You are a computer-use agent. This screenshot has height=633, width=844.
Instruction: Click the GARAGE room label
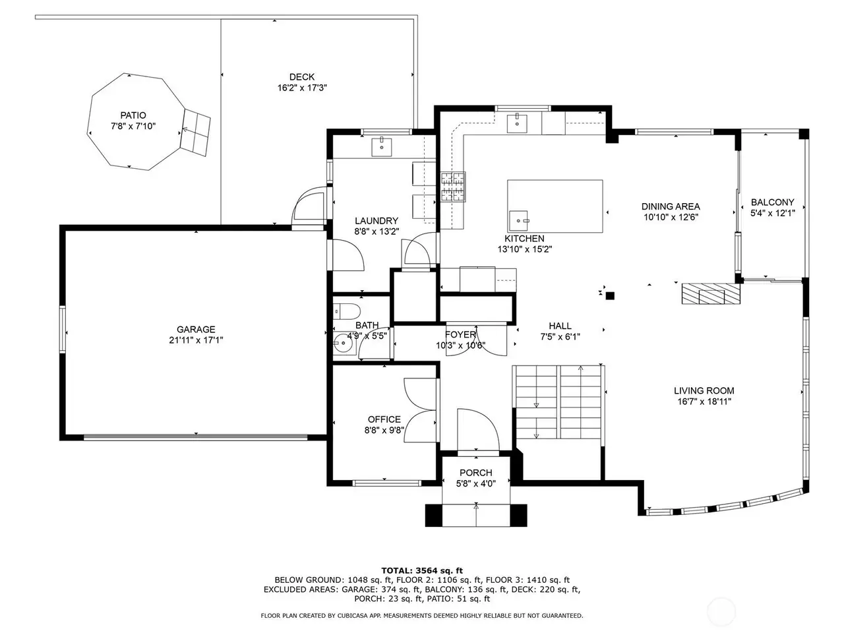point(196,330)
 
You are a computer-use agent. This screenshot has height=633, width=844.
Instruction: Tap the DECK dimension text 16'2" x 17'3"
point(302,88)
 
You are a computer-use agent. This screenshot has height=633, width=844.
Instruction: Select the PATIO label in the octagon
point(133,115)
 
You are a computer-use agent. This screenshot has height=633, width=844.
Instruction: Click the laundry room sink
point(381,146)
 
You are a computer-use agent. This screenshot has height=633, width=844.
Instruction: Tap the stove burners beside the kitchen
point(453,187)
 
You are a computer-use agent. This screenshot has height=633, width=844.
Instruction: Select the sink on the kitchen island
point(519,221)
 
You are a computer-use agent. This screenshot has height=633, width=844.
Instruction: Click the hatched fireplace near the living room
point(711,293)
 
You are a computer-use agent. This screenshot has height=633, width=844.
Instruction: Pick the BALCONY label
point(772,202)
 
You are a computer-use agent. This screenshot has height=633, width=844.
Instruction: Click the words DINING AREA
point(671,206)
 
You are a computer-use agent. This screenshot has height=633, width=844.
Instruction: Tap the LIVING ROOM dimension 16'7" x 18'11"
point(704,402)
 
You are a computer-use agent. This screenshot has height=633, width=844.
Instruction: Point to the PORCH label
point(475,473)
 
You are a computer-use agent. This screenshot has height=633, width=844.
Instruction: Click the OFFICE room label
point(384,419)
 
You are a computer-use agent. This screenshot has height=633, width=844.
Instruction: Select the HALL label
point(560,326)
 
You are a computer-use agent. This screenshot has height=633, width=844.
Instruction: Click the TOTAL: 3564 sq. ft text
point(422,571)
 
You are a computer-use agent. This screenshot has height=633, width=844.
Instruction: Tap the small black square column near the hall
point(610,296)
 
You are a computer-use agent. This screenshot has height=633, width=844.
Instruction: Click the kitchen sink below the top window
point(517,123)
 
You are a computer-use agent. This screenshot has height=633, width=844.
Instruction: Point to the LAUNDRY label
point(377,221)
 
